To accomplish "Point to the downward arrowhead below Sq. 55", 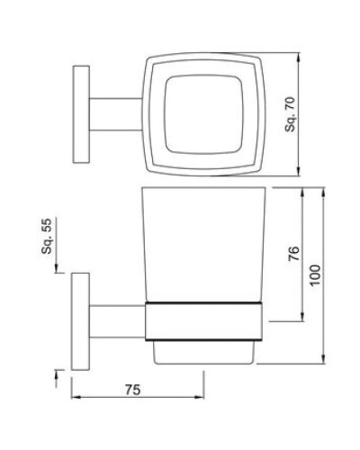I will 60,267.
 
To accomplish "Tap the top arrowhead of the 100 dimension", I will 325,191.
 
